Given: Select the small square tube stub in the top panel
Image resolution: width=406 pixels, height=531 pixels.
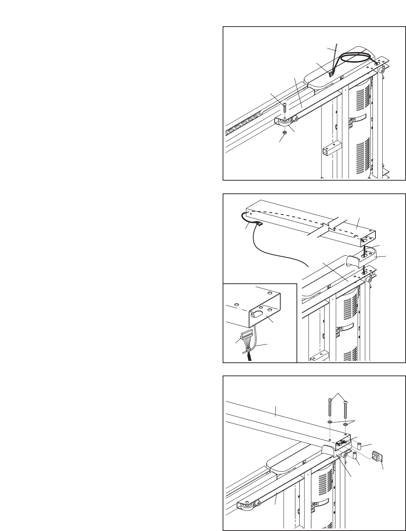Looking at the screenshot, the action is pyautogui.click(x=331, y=150).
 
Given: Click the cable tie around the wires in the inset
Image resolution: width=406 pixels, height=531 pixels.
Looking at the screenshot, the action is pyautogui.click(x=247, y=350).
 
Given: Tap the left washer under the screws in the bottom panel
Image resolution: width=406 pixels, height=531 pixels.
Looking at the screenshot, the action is pyautogui.click(x=330, y=422).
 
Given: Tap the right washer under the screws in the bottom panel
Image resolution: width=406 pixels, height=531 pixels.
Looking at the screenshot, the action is pyautogui.click(x=345, y=424).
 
